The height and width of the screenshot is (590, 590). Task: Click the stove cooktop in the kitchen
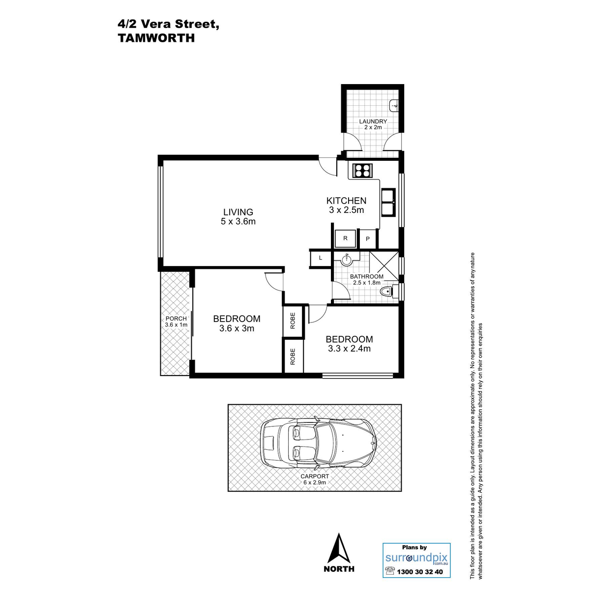[x=363, y=171]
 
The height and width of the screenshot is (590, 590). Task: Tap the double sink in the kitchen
[x=388, y=202]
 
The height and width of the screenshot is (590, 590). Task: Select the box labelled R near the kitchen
[x=345, y=238]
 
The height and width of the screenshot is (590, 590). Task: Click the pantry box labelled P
[x=368, y=239]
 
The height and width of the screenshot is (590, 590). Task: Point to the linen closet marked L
[x=321, y=258]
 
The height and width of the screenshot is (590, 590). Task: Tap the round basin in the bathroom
[x=347, y=260]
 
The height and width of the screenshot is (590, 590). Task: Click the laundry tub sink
[x=394, y=106]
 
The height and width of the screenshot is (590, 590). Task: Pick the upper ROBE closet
[x=293, y=320]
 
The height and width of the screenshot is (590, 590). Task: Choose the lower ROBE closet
[x=293, y=356]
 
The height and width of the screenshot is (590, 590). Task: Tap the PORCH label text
[x=176, y=319]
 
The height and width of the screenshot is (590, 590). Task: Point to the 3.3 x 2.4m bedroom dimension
[x=350, y=349]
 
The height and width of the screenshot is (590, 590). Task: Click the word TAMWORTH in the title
[x=156, y=38]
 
